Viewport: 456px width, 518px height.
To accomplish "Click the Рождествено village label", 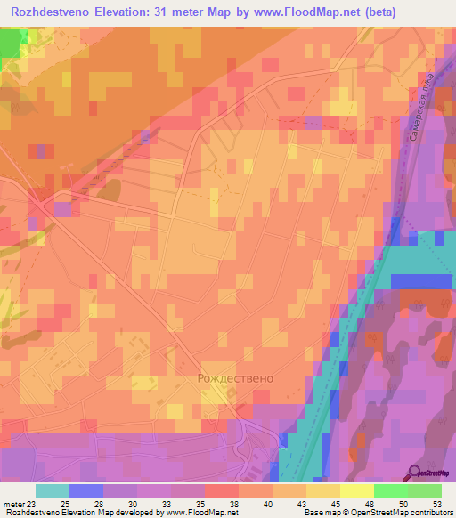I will coord(235,377).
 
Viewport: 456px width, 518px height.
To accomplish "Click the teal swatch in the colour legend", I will coord(52,491).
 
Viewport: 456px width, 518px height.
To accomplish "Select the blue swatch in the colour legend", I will coord(85,491).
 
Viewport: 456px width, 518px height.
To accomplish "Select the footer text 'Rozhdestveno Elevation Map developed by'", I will coord(77,512).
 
